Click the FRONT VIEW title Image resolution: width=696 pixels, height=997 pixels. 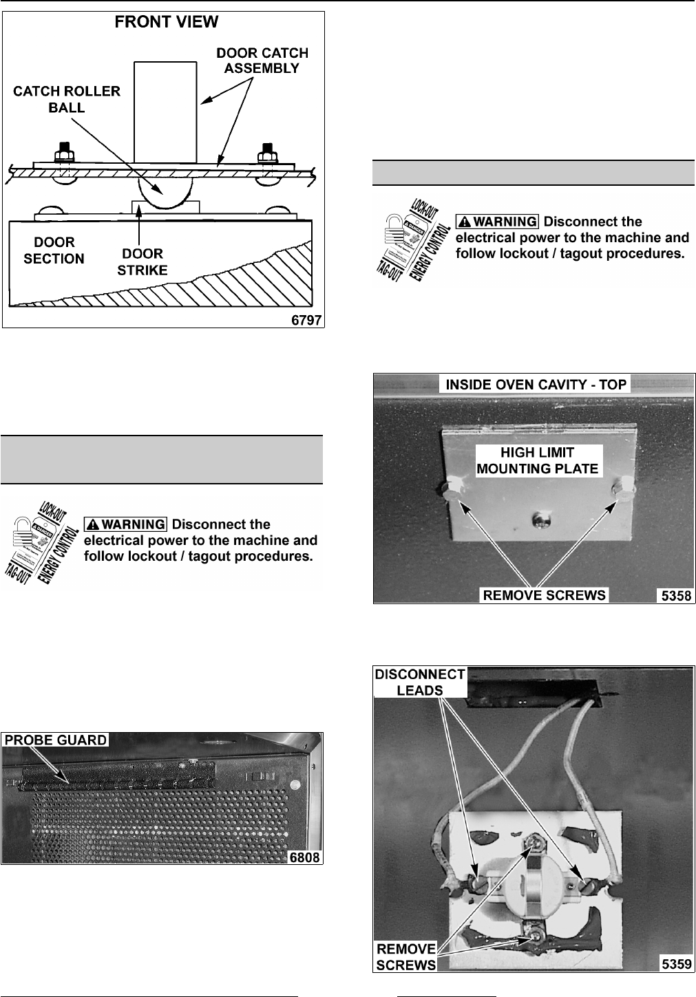[x=166, y=23]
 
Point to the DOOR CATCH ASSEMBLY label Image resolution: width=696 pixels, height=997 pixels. [x=262, y=61]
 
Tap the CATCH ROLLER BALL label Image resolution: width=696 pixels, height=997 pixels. [x=67, y=99]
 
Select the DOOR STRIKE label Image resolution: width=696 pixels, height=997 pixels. [x=143, y=262]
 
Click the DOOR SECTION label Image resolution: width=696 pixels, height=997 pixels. [x=54, y=250]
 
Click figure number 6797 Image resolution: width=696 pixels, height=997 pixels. [x=306, y=321]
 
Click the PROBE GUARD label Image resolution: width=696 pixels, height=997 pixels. [x=56, y=740]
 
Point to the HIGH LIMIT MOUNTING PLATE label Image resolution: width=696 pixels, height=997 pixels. [x=537, y=461]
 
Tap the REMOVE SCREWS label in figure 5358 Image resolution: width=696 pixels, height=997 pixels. [x=544, y=595]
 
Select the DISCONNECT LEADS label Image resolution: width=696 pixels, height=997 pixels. [x=420, y=682]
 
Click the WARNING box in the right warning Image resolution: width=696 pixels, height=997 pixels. [x=498, y=222]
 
